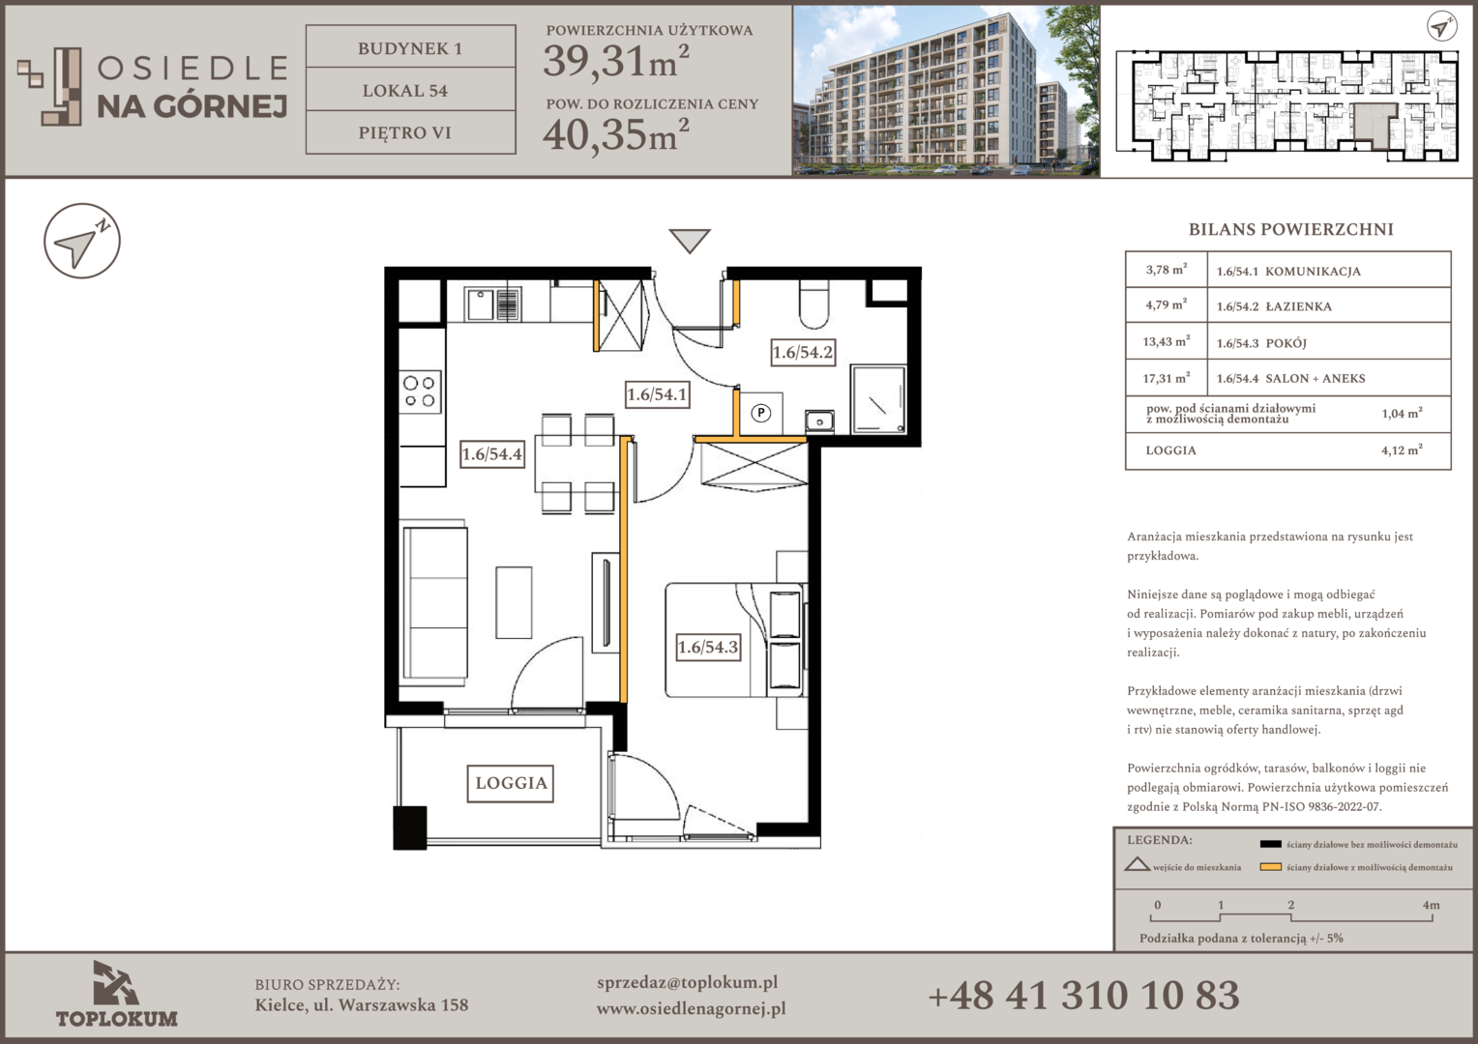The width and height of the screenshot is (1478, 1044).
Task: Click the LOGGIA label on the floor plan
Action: [x=510, y=783]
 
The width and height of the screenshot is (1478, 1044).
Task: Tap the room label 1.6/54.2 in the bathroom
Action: [x=802, y=352]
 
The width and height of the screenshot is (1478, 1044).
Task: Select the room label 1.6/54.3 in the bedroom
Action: [x=708, y=647]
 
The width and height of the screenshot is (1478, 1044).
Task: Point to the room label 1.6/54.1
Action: [x=657, y=394]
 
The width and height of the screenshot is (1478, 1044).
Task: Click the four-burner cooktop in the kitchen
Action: [x=420, y=391]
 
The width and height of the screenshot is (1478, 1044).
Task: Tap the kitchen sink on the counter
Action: [x=493, y=304]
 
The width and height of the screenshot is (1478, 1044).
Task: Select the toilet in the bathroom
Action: [x=813, y=304]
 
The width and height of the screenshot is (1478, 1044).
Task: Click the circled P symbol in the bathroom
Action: [x=761, y=413]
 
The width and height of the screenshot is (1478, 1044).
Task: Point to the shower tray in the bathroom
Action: [x=878, y=400]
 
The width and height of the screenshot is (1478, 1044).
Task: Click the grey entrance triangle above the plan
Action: [x=690, y=240]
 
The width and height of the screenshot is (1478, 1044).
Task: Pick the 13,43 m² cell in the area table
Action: [x=1167, y=341]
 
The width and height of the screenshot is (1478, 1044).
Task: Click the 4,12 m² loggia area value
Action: [x=1402, y=449]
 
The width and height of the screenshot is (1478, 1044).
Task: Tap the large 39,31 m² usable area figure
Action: [x=616, y=61]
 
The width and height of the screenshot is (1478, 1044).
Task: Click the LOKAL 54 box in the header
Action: [x=410, y=89]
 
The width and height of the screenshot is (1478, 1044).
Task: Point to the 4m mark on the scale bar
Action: [x=1432, y=905]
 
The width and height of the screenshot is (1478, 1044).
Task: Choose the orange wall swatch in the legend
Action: [x=1270, y=866]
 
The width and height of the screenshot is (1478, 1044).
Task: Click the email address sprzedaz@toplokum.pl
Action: [x=687, y=983]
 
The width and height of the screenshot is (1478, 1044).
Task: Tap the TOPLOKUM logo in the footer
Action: [x=117, y=994]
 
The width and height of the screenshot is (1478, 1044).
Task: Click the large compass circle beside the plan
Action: [x=82, y=241]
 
